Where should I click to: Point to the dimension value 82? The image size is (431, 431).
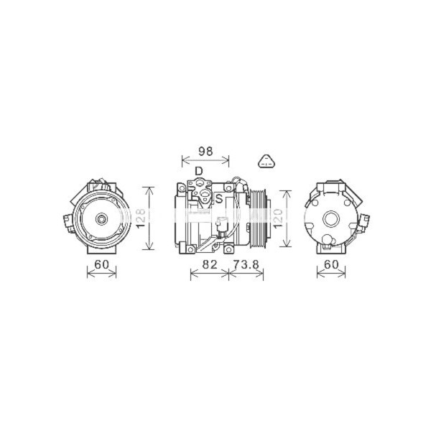[x=209, y=265]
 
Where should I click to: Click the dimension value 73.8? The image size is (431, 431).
[x=246, y=265]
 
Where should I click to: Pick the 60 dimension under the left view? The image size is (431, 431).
[x=101, y=265]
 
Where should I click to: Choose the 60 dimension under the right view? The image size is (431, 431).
[x=331, y=265]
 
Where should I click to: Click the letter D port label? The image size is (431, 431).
[x=198, y=171]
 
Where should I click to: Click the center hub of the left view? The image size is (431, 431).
[x=102, y=218]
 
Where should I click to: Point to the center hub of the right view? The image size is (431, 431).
[x=331, y=218]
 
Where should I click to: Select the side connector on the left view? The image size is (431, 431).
[x=68, y=219]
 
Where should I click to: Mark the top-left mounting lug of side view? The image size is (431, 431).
[x=180, y=189]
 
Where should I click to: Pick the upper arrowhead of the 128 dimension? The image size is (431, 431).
[x=149, y=189]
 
